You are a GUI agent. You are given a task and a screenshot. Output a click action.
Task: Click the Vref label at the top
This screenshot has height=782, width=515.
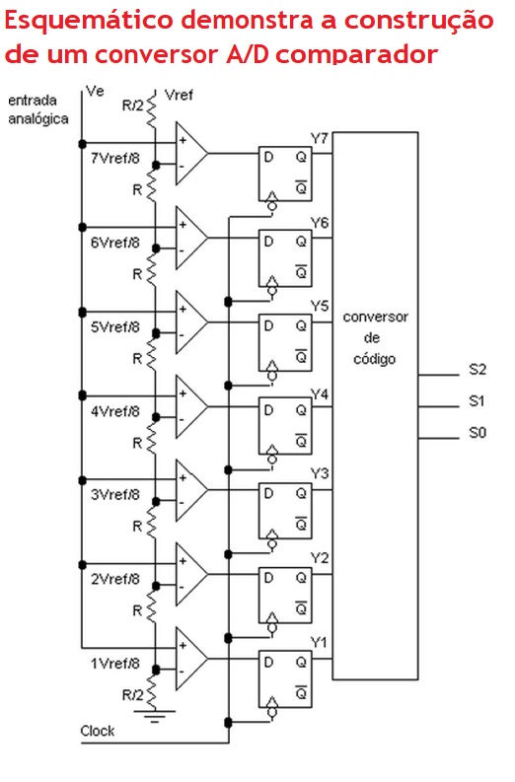click(x=179, y=95)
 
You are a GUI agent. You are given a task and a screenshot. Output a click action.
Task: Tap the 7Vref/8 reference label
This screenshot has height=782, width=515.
click(x=115, y=158)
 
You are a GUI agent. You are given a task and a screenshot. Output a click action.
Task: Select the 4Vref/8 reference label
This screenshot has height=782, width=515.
click(x=115, y=411)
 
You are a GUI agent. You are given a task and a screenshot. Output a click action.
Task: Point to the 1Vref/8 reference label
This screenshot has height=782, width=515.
click(x=115, y=664)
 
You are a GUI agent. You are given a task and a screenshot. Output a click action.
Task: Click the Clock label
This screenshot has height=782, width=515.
click(x=98, y=731)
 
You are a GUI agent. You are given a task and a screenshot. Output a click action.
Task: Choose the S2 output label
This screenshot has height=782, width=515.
click(x=478, y=369)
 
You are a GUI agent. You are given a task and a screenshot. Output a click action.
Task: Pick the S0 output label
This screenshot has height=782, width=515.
click(x=478, y=432)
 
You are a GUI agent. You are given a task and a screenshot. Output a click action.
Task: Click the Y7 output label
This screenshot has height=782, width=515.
click(x=320, y=138)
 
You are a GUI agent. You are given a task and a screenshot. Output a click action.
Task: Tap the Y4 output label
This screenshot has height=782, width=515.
click(x=320, y=394)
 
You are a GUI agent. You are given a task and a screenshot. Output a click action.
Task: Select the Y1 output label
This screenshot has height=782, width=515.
click(x=320, y=642)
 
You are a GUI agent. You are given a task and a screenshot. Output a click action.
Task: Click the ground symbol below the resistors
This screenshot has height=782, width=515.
click(x=155, y=716)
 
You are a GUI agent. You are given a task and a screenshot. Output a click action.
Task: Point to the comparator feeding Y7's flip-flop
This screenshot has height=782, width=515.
click(x=191, y=154)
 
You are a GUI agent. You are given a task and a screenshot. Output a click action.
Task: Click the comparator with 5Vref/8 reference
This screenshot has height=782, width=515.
click(x=191, y=322)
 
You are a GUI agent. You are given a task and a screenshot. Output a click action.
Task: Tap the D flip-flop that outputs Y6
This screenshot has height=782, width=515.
click(x=285, y=258)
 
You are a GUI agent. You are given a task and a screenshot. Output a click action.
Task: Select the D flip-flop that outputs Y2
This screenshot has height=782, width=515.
click(x=285, y=595)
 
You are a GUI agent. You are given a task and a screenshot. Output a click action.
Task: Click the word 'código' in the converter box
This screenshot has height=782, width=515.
click(x=374, y=359)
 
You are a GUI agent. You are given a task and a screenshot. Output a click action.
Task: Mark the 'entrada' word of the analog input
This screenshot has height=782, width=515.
click(x=33, y=101)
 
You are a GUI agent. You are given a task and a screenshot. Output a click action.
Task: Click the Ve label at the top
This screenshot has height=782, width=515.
click(x=95, y=91)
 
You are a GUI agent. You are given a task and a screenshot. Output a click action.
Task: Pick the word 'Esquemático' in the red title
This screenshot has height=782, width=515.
click(x=89, y=22)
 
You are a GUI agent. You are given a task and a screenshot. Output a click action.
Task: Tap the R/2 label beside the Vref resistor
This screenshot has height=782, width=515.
click(x=132, y=106)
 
